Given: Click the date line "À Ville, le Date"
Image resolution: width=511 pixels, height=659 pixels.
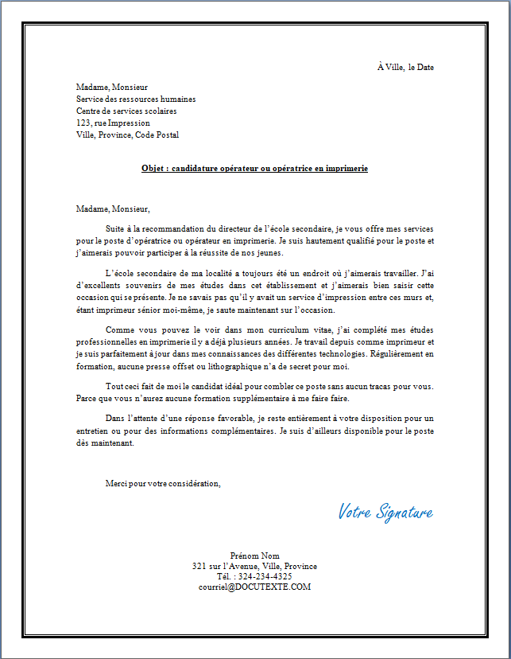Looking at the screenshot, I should (x=405, y=68).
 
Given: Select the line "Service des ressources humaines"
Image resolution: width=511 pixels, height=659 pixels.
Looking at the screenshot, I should (x=136, y=99).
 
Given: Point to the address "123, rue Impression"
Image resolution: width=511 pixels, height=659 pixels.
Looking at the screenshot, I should (x=113, y=123).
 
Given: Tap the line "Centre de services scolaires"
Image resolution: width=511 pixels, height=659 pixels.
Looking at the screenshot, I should (x=126, y=111).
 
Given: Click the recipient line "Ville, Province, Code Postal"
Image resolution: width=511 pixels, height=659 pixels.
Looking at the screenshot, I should (x=127, y=135).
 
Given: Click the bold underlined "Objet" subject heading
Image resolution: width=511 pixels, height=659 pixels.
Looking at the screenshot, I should (x=254, y=169).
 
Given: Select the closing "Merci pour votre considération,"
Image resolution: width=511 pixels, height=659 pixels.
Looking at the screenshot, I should (x=163, y=483).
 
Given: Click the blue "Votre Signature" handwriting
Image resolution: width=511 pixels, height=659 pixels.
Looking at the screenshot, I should (x=385, y=512).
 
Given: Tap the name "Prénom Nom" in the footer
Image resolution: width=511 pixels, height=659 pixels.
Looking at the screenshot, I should (x=254, y=555).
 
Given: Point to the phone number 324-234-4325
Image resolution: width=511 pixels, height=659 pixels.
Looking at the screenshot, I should (x=265, y=576).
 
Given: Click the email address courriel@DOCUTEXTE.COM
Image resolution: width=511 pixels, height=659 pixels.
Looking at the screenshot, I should (x=254, y=587).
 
